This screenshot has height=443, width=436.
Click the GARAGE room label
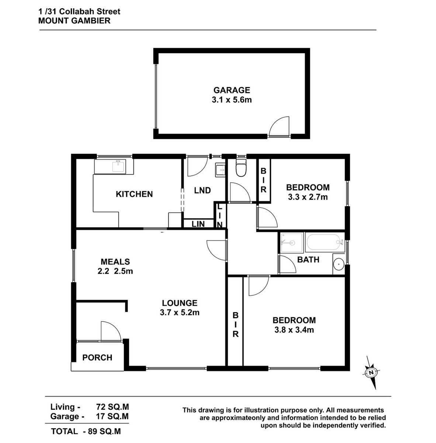232,90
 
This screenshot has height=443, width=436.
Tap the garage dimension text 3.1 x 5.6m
232,100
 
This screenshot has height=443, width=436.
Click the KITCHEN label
134,194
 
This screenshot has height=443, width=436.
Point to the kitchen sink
118,166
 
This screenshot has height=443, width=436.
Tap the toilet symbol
241,168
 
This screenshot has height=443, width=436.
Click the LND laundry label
203,190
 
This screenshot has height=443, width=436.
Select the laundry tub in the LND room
220,170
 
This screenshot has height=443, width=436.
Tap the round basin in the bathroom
339,264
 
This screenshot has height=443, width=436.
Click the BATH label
308,260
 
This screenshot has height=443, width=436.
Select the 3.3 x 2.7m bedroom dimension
308,197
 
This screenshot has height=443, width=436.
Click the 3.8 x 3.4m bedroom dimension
294,330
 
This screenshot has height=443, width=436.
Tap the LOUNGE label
180,303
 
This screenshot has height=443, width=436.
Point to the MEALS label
115,262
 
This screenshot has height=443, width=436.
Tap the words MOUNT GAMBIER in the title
74,21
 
